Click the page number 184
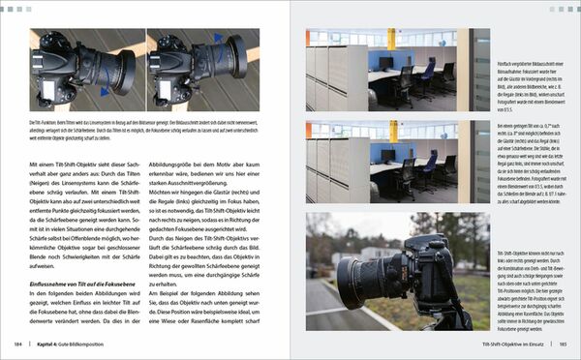[x=19, y=344]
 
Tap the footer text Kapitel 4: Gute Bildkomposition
[x=72, y=344]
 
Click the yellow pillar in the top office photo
[x=391, y=39]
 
